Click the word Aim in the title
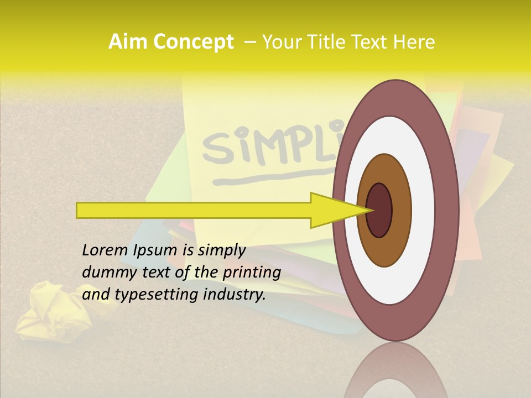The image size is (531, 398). [x=128, y=42]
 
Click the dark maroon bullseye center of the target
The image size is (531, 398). [x=379, y=210]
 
